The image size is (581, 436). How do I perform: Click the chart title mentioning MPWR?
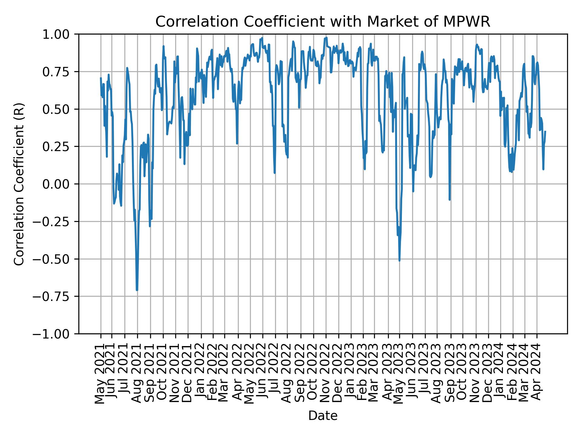323,22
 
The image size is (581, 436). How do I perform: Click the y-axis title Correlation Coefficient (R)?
19,184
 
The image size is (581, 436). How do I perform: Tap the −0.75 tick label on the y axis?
55,296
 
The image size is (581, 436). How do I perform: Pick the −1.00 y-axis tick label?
55,334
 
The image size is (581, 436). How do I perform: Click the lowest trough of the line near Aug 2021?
137,290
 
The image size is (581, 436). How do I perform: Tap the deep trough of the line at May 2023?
399,260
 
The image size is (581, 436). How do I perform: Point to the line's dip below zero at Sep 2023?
450,200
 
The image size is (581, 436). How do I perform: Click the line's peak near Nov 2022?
326,38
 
